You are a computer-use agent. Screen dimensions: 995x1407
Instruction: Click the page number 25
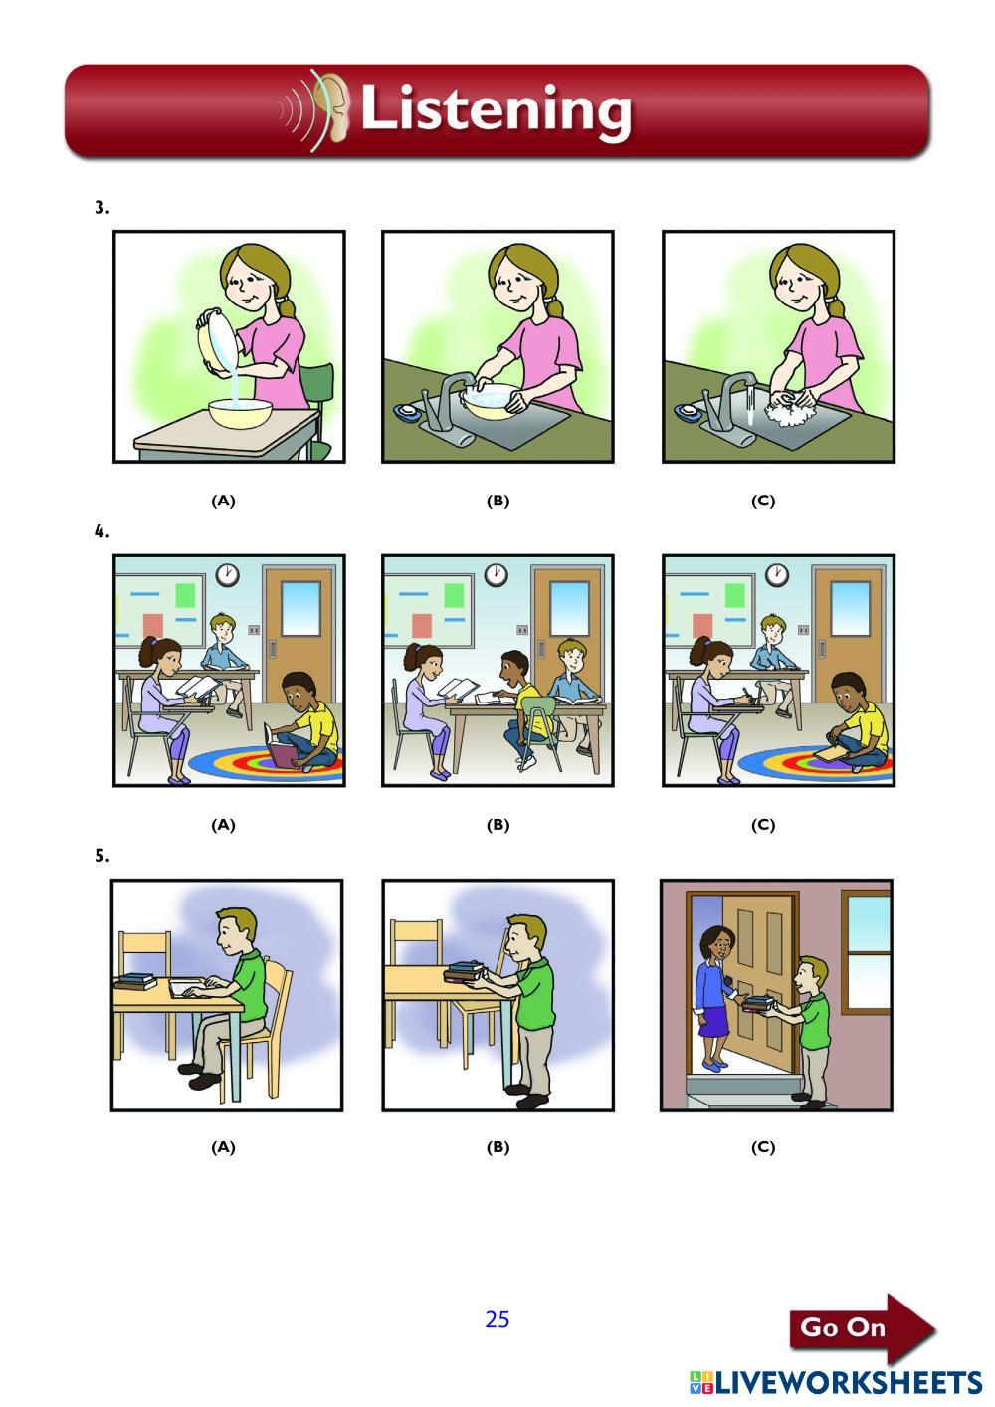click(497, 1319)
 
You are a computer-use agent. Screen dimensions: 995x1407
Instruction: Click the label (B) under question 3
click(497, 501)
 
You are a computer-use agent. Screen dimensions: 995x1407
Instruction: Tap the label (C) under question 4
click(762, 825)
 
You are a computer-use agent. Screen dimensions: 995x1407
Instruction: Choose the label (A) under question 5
click(223, 1147)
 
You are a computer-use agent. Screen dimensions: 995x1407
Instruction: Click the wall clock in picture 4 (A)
click(227, 574)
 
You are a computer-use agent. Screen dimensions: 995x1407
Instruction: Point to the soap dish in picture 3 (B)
click(407, 411)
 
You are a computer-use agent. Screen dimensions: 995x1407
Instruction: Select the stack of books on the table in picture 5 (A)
click(135, 980)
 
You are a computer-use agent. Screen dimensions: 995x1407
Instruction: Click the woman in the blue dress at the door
click(714, 998)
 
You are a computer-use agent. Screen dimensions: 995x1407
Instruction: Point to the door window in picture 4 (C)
click(851, 609)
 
